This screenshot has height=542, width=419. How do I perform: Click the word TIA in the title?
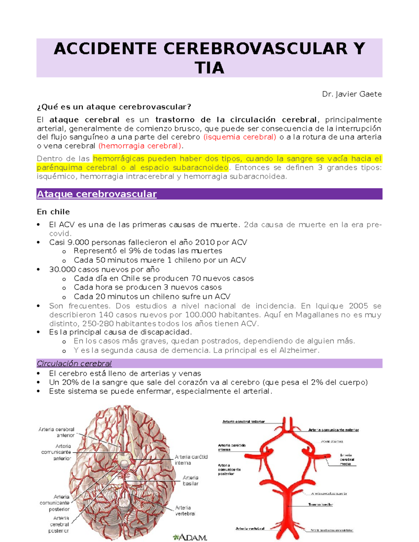click(x=209, y=68)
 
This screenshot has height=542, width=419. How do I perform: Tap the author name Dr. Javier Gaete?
click(x=352, y=94)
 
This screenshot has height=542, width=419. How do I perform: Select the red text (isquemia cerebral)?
click(x=240, y=137)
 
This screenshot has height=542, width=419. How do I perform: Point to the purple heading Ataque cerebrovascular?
click(x=97, y=194)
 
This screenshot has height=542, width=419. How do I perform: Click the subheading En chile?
click(x=53, y=212)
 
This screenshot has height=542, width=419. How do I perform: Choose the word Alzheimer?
click(x=299, y=350)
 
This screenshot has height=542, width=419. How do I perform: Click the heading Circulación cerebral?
click(x=74, y=364)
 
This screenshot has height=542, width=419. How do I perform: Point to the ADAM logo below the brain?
click(x=190, y=537)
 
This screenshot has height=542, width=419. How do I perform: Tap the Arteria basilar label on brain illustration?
click(x=191, y=481)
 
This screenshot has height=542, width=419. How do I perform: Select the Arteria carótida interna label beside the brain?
click(x=191, y=460)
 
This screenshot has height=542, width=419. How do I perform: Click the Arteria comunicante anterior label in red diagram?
click(x=333, y=430)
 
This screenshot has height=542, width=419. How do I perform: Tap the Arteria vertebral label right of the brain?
click(x=183, y=511)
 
